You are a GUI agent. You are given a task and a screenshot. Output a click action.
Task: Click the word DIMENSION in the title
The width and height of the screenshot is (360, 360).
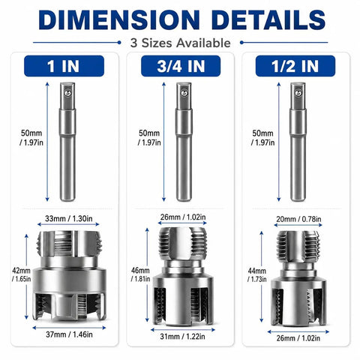(119, 20)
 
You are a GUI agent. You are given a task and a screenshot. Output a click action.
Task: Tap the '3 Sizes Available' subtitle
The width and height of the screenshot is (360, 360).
(180, 43)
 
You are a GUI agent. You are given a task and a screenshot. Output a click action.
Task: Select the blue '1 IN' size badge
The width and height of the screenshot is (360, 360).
(64, 66)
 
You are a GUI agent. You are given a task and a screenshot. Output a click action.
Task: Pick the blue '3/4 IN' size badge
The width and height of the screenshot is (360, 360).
(181, 66)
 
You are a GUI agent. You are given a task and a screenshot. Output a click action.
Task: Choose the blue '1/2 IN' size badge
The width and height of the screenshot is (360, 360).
(295, 66)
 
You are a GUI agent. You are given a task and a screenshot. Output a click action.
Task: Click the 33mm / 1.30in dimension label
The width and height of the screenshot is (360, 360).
(69, 218)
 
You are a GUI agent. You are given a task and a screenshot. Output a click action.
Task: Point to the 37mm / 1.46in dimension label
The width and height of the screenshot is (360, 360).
(69, 334)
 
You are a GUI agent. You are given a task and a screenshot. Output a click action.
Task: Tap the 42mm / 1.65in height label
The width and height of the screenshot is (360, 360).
(22, 274)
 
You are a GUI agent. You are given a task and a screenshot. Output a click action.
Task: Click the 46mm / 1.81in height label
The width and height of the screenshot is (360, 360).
(140, 274)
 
